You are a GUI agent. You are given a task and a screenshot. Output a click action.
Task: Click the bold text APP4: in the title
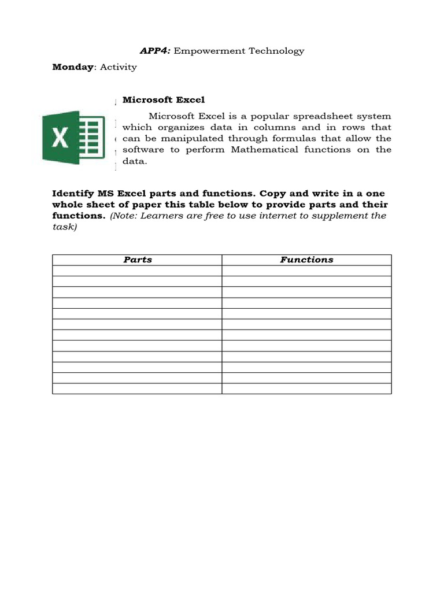click(x=155, y=51)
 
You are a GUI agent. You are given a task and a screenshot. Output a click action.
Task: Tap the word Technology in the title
click(x=276, y=51)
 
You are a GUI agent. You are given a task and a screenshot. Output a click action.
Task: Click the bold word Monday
click(x=73, y=67)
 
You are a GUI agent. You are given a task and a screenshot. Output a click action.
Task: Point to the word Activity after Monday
click(x=119, y=67)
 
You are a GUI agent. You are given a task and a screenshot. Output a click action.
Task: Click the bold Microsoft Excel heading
click(x=164, y=100)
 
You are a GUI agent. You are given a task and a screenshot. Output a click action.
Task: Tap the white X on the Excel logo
click(x=61, y=137)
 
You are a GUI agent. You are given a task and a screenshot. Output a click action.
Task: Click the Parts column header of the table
click(x=138, y=260)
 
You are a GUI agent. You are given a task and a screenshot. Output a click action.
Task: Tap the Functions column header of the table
click(x=306, y=260)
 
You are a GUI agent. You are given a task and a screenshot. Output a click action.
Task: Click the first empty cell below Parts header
click(x=137, y=271)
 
